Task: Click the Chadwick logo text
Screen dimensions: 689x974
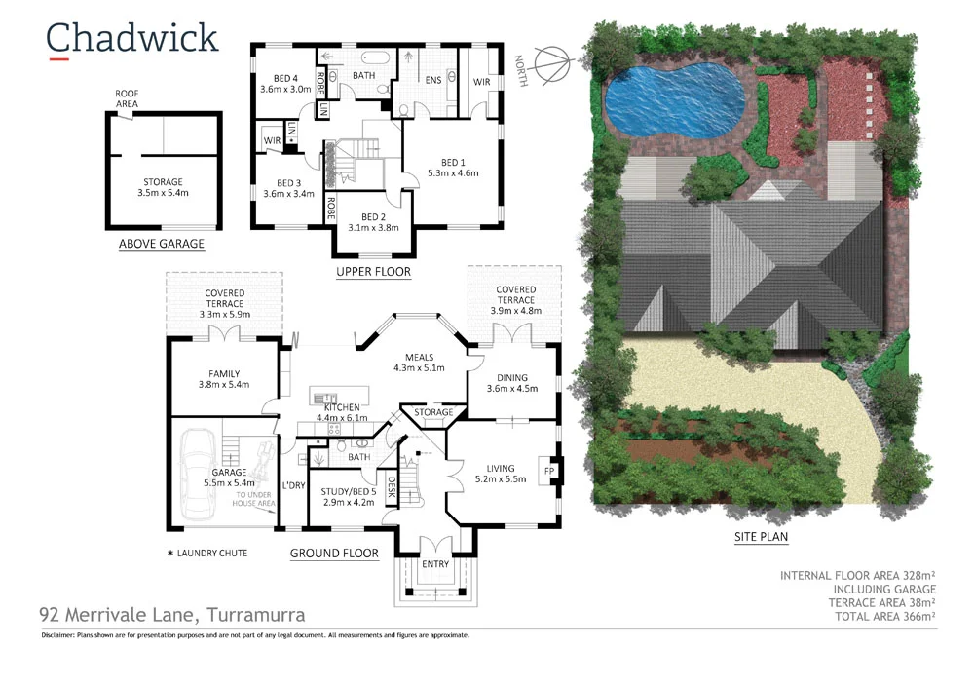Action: point(131,38)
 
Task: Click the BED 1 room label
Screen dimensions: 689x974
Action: point(453,168)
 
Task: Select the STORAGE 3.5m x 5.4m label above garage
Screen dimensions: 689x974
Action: point(162,187)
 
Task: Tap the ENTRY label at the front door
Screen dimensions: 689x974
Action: point(435,564)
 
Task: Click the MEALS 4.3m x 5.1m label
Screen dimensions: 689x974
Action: point(419,363)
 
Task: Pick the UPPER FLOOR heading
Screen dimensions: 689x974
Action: point(373,272)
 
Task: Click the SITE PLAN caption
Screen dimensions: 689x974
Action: point(761,537)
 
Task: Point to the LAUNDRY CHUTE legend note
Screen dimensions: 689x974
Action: point(207,554)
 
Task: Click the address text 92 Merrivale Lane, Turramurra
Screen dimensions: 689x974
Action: point(171,615)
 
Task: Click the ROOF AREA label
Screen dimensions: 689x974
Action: point(127,97)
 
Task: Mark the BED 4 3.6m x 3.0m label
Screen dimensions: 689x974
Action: point(285,83)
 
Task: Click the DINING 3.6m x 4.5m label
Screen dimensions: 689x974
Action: point(511,383)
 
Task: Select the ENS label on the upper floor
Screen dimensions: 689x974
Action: point(433,80)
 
